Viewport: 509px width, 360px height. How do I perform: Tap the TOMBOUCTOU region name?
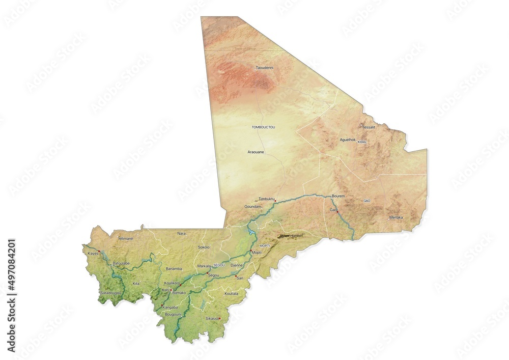(x=263, y=127)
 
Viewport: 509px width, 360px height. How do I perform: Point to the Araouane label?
(x=256, y=152)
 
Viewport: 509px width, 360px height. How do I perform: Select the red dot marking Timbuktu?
(x=275, y=201)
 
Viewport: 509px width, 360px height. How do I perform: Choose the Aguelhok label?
(x=347, y=140)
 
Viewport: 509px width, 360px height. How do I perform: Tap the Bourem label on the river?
(x=338, y=196)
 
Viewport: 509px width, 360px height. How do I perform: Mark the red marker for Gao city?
(x=337, y=212)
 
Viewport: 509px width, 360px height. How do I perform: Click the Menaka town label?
(x=395, y=217)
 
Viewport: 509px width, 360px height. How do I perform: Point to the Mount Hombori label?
(x=292, y=236)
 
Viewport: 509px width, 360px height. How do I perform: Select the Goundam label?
(x=252, y=207)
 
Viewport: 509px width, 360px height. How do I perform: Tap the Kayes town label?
(x=92, y=253)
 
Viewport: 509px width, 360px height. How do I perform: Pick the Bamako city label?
(x=180, y=293)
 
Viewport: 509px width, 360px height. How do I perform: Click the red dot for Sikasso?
(x=219, y=318)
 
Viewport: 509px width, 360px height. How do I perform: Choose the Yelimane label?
(x=125, y=238)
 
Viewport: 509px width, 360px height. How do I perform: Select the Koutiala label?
(x=231, y=294)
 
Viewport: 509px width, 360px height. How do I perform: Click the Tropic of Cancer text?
(x=245, y=49)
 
